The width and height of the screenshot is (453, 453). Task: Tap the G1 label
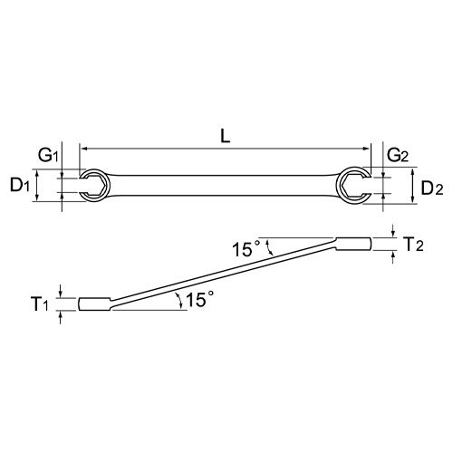pos(49,156)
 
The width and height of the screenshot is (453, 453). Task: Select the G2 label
pos(398,156)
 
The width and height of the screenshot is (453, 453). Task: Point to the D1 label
pos(21,188)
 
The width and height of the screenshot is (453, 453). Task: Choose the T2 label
pos(412,244)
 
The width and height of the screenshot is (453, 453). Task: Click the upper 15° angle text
pos(246,246)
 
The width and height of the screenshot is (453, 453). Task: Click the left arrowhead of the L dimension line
pos(84,148)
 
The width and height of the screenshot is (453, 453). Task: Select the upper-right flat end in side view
pos(353,244)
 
